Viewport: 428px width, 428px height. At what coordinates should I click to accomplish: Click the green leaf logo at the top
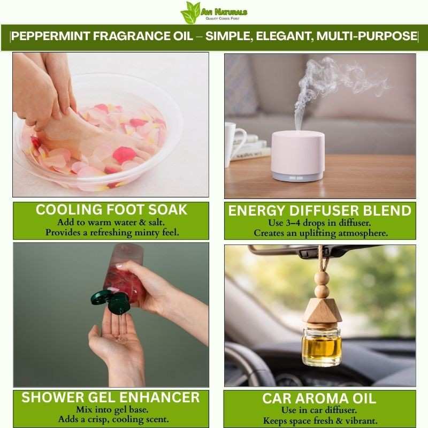[x=190, y=12]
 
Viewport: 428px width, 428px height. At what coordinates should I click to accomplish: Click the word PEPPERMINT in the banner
[x=50, y=36]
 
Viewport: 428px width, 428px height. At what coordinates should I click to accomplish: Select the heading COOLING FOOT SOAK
[x=111, y=210]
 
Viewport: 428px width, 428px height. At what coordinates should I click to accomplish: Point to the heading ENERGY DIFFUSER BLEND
[x=319, y=211]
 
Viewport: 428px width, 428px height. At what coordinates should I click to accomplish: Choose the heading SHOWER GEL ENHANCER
[x=111, y=398]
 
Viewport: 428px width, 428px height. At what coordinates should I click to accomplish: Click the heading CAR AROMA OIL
[x=319, y=399]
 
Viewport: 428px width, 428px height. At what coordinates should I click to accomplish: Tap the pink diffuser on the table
[x=298, y=156]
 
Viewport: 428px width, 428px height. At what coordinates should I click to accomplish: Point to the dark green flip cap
[x=111, y=301]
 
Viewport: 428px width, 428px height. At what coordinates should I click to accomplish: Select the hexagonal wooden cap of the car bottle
[x=323, y=311]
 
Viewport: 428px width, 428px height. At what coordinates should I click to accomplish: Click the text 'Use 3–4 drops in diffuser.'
[x=319, y=223]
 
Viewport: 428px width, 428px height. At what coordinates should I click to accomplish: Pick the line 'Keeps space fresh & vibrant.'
[x=320, y=421]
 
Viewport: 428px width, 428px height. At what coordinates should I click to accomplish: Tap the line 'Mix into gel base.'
[x=112, y=410]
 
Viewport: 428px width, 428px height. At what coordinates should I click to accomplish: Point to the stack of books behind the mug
[x=248, y=149]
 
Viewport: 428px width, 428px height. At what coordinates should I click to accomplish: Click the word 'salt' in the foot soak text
[x=156, y=223]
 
